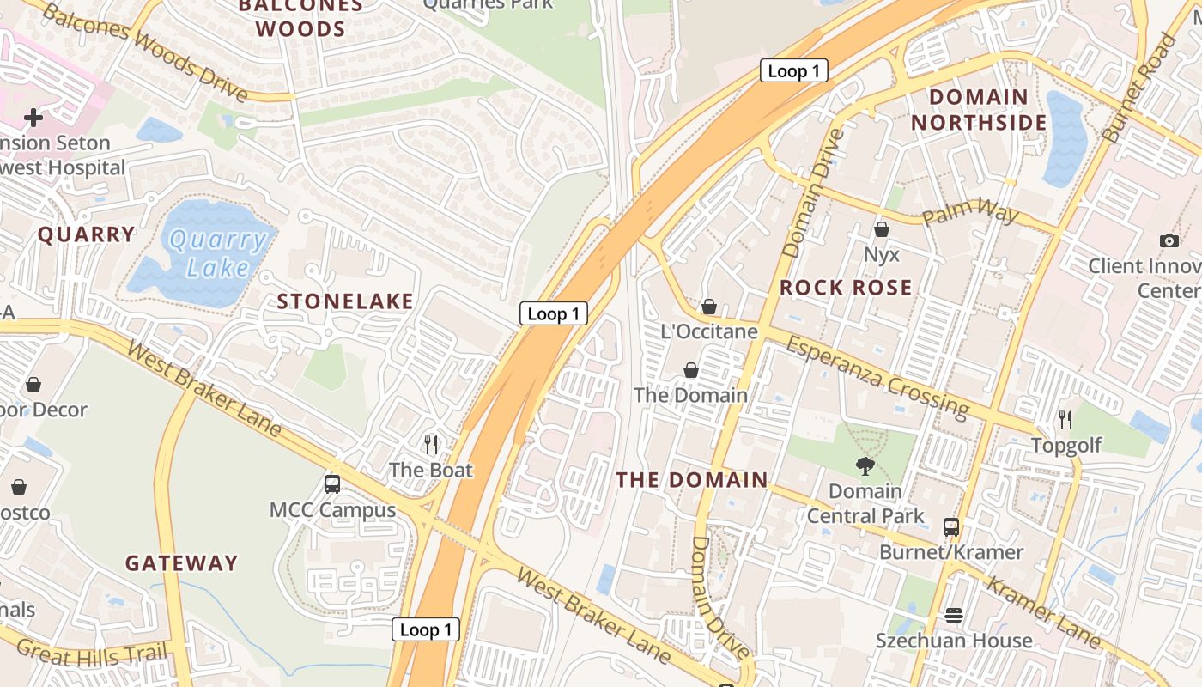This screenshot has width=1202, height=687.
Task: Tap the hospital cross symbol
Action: point(33,117)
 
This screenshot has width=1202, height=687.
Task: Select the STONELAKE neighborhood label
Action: point(345,301)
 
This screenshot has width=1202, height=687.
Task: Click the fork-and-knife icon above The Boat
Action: point(431,444)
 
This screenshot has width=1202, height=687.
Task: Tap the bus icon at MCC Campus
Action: point(332,483)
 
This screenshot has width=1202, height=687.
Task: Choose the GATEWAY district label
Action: point(181,563)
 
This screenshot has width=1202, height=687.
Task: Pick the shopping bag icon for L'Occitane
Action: point(709,307)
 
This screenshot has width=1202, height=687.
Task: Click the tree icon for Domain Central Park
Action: point(865,465)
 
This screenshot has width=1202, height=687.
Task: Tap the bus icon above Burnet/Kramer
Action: point(950,526)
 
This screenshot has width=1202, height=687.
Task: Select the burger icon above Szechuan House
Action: point(953,616)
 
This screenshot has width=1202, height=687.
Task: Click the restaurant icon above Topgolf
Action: point(1065,419)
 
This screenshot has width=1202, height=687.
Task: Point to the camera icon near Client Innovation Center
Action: point(1169,240)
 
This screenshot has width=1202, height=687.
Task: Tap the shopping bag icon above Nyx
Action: point(881,229)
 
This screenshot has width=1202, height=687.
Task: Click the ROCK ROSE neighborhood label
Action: point(846,288)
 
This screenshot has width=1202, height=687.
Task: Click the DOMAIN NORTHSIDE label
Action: point(979,110)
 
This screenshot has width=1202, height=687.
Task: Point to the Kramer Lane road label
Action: point(1043,611)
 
